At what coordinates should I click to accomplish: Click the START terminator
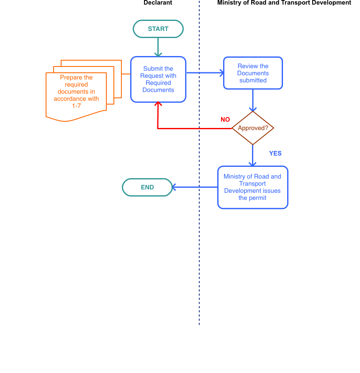point(158,29)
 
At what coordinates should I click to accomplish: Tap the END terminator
point(147,187)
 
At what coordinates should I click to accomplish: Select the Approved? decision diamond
point(253,128)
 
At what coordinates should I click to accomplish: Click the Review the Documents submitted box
point(253,73)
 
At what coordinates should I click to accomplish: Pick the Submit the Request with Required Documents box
point(158,79)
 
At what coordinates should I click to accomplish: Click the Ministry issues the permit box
point(253,187)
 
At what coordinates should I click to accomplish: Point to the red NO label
point(225,120)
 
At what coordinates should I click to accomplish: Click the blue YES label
point(275,153)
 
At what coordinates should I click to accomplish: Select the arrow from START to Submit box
point(158,47)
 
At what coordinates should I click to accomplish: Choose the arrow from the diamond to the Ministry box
point(253,155)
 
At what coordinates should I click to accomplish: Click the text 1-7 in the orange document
point(76,106)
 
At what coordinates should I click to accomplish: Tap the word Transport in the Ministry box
point(252,184)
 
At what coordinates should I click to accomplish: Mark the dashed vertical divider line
point(199,251)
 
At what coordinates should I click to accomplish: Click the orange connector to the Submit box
point(126,74)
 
